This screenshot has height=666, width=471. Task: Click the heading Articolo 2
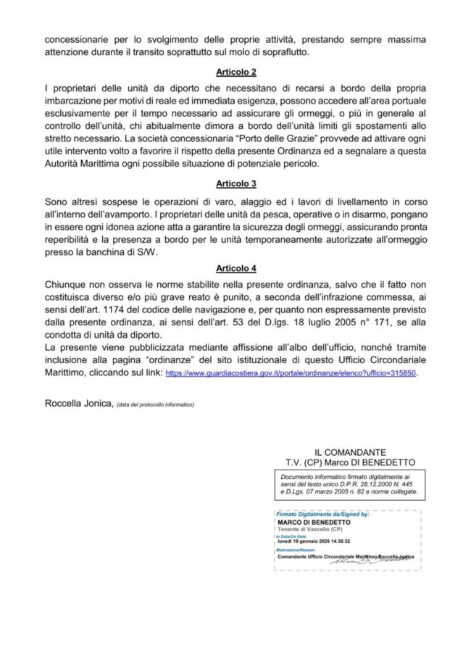pos(235,73)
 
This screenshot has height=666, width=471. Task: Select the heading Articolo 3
pos(235,184)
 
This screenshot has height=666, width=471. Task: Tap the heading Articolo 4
pos(235,267)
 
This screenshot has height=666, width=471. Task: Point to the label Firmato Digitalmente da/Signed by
pos(322,513)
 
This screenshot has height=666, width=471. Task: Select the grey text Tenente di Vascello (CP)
pos(308,528)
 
